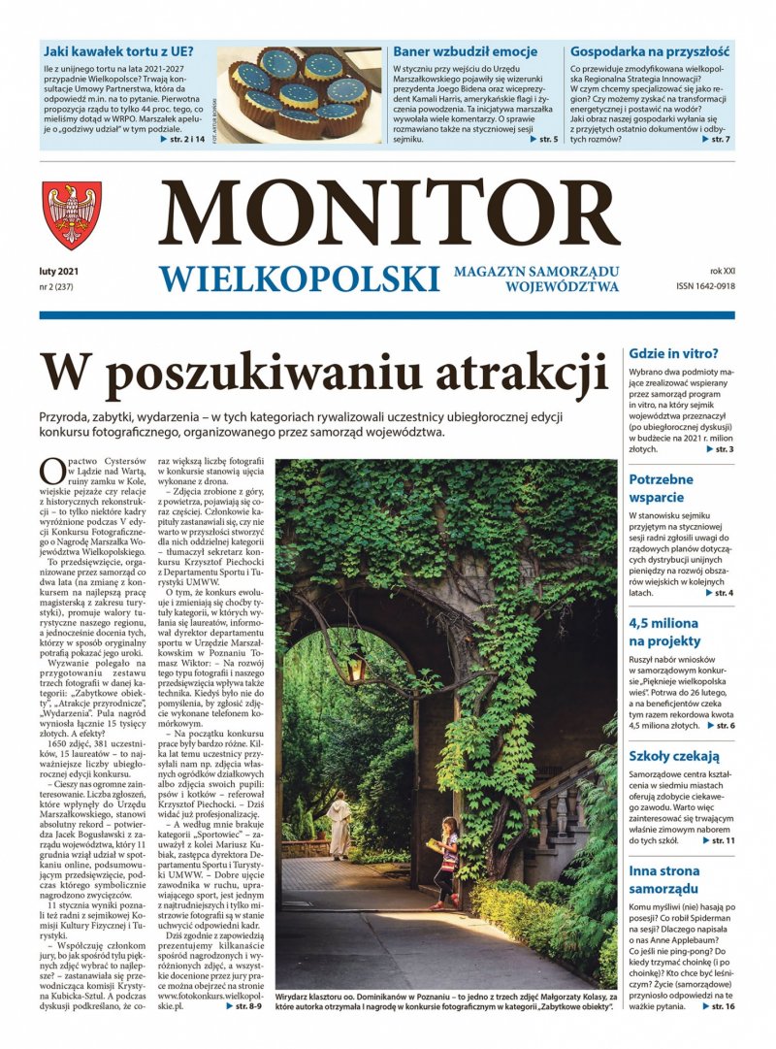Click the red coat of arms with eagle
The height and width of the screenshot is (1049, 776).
tap(72, 215)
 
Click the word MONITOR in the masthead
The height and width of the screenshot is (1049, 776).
tap(389, 213)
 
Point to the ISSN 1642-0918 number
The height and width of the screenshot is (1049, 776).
tap(705, 287)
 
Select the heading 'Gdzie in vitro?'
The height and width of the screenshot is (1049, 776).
tap(673, 353)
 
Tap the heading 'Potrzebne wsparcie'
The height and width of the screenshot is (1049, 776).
tap(662, 488)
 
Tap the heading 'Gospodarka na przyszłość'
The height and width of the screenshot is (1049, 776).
tap(649, 50)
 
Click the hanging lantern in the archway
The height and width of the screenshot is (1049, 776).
tap(357, 666)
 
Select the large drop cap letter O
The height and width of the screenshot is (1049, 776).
tap(51, 472)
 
